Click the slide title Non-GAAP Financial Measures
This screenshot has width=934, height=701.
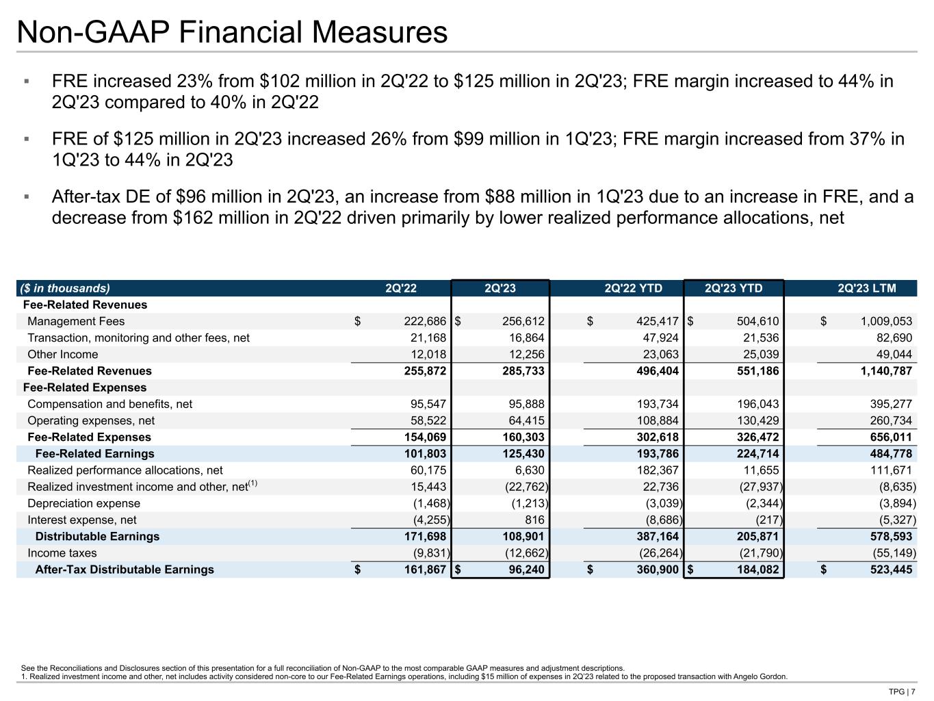(233, 32)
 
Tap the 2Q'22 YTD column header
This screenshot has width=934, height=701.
(634, 288)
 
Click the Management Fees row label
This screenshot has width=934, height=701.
(76, 321)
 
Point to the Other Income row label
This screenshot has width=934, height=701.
(62, 355)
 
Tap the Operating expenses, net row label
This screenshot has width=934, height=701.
(91, 420)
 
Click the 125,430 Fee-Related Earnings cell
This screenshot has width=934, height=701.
(521, 454)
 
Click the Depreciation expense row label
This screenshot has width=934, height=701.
(83, 503)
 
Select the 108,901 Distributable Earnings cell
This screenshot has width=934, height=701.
(521, 537)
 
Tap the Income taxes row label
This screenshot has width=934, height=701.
(62, 553)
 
